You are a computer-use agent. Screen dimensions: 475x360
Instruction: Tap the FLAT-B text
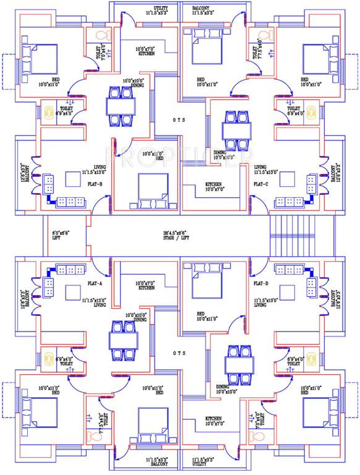pyautogui.click(x=95, y=184)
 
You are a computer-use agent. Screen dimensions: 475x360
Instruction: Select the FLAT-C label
pyautogui.click(x=260, y=184)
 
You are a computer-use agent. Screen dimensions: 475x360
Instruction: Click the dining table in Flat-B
pyautogui.click(x=120, y=106)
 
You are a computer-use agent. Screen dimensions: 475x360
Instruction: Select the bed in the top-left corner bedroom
pyautogui.click(x=38, y=59)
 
